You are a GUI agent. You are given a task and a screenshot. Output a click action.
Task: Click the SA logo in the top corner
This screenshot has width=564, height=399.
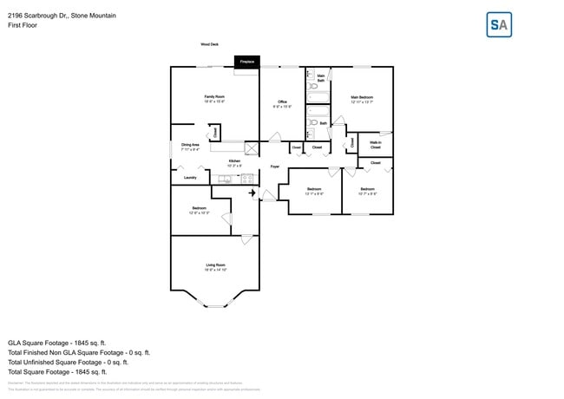pos(499,24)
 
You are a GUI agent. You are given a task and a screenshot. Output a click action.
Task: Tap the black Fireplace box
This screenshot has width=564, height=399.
pos(246,62)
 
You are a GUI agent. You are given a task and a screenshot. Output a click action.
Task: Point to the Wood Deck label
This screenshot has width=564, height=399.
pos(209,43)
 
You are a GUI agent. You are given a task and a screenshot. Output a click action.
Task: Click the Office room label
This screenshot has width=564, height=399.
pos(282,103)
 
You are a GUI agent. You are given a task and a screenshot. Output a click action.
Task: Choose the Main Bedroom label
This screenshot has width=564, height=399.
pos(362,98)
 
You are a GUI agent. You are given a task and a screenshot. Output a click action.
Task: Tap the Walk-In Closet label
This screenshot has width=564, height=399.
pos(376,145)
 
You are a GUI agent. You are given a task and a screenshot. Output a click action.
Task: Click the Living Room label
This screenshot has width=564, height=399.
pos(215,266)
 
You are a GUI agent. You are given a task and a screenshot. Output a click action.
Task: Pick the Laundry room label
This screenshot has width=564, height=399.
pos(189,178)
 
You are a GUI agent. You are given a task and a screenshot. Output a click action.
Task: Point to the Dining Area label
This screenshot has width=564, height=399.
pos(190,147)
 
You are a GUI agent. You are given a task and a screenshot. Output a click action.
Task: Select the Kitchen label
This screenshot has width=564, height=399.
pos(234,162)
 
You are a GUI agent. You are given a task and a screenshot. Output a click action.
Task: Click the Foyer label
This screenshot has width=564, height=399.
pos(274,166)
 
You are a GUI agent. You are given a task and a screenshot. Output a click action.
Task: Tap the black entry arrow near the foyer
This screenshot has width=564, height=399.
pos(252,193)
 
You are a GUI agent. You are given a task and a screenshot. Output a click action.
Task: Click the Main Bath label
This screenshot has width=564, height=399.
pos(321,79)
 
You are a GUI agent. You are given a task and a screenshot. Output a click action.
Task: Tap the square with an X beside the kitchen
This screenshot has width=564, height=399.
pos(252,148)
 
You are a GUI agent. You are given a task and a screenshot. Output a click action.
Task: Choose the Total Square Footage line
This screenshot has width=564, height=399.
pos(57,371)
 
